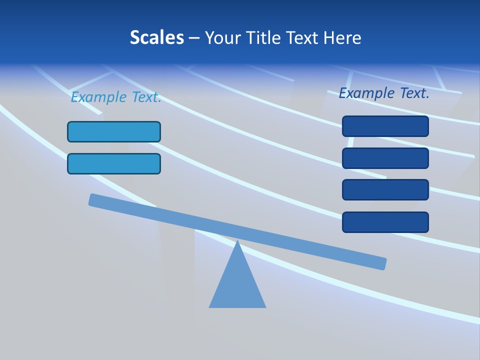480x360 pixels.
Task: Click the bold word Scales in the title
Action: (157, 37)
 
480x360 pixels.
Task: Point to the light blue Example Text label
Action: (116, 97)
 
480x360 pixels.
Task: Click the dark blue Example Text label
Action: (384, 93)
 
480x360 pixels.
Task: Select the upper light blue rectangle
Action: (114, 131)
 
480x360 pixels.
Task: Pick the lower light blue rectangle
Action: (114, 163)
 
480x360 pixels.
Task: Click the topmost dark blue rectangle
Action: (385, 126)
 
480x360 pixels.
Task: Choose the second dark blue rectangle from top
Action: (385, 158)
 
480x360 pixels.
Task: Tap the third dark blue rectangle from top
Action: (385, 190)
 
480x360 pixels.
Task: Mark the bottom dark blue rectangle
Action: (385, 222)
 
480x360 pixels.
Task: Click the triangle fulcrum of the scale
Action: (237, 285)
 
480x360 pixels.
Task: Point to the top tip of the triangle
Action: (237, 242)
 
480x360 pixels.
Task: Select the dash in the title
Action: (194, 38)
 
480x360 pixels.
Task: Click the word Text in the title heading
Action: (302, 37)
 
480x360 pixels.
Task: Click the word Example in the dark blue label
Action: (367, 93)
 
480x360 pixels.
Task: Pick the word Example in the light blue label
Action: (99, 97)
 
